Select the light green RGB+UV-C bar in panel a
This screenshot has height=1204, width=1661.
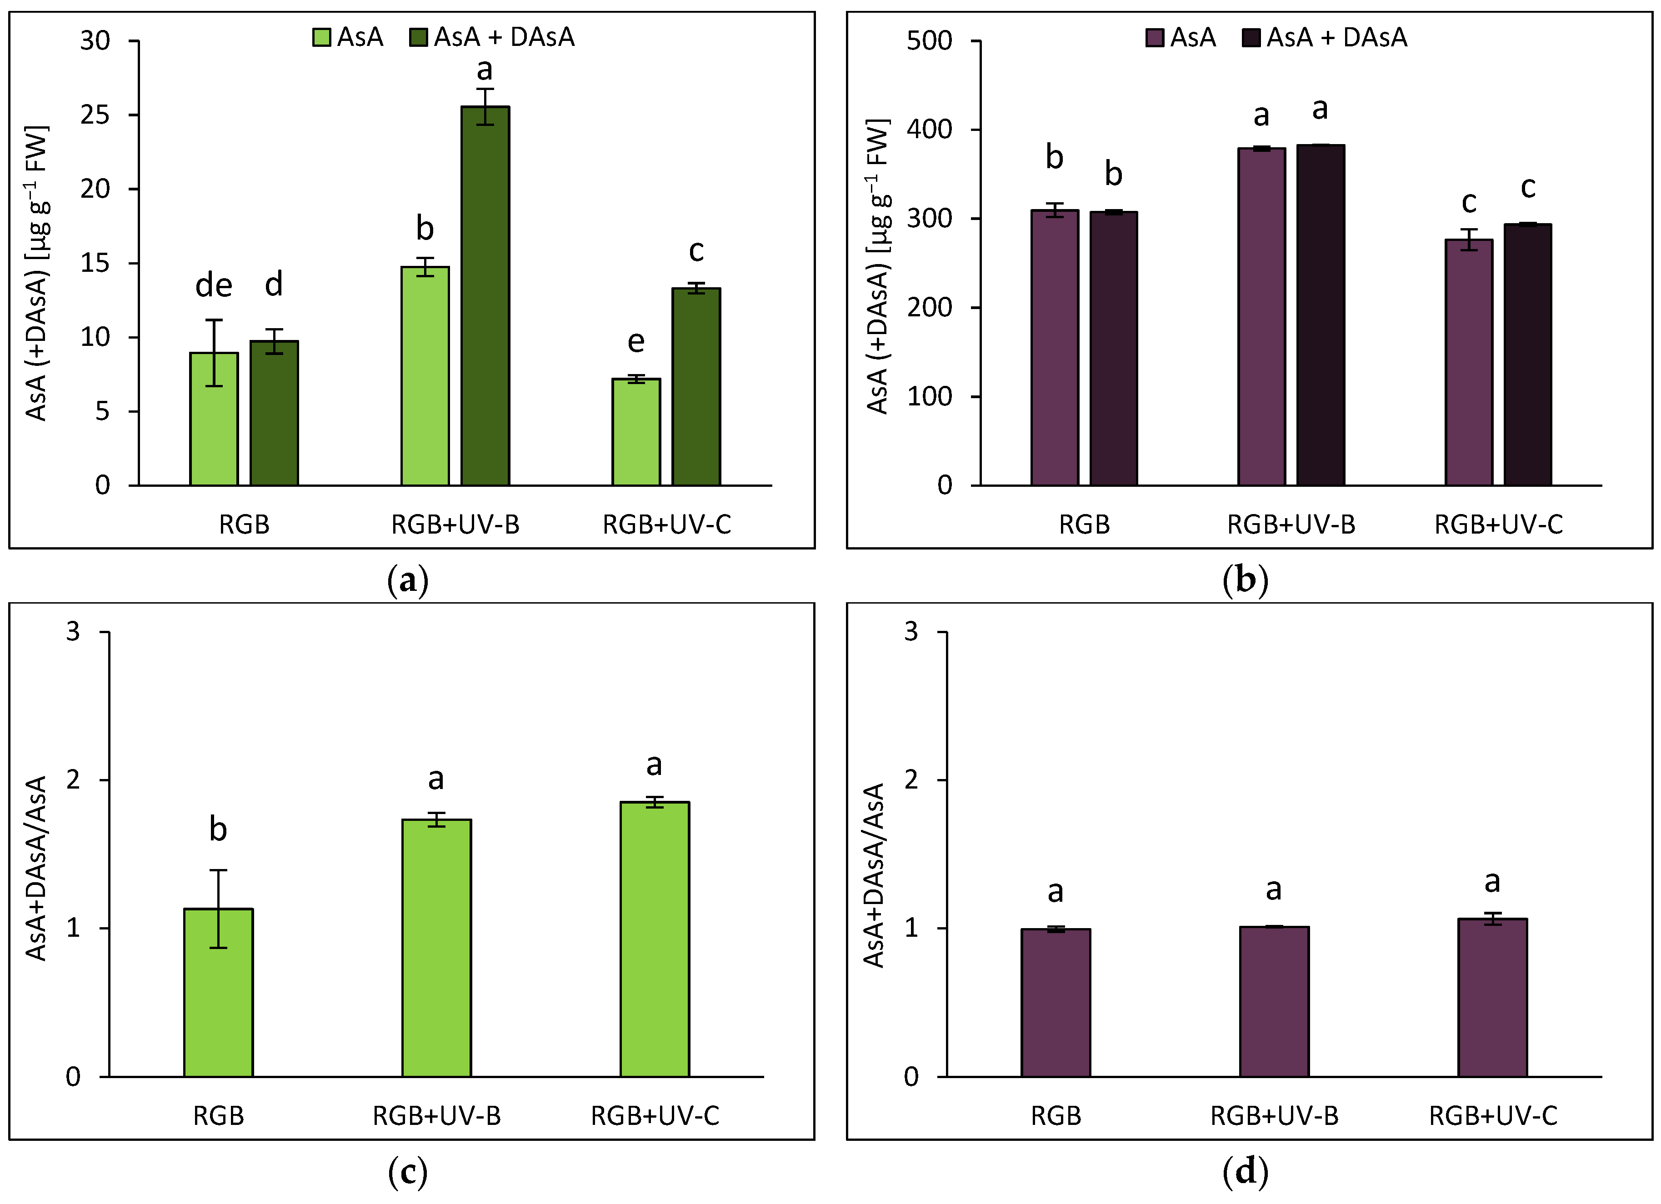635,432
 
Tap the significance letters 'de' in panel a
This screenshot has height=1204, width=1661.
214,285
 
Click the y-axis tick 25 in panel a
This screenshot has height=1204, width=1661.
95,115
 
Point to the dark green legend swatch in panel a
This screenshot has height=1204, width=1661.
418,37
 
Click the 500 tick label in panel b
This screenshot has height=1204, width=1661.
929,41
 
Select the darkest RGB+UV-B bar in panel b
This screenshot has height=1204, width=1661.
1321,315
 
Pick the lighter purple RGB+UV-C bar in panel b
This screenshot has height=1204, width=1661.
1468,363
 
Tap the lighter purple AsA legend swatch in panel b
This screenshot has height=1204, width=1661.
1155,37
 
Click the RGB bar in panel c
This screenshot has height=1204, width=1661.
218,992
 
